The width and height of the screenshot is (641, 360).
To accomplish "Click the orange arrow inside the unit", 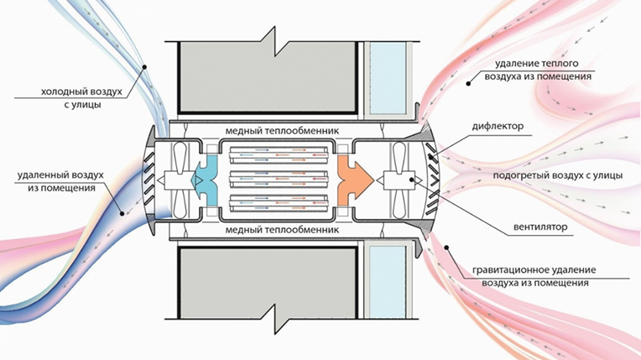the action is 353,180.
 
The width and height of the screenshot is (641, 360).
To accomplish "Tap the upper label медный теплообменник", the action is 282,131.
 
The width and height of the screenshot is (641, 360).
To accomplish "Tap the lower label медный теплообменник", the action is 282,229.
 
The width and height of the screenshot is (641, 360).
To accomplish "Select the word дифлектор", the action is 498,126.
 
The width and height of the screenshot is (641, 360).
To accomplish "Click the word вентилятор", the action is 541,227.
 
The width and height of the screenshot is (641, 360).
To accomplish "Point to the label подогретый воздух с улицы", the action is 558,175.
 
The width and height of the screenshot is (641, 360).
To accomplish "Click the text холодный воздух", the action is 81,91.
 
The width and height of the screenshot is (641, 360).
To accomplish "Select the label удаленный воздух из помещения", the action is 60,181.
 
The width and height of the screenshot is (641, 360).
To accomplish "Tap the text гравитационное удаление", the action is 534,270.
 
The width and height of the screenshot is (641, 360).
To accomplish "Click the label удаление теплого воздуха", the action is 538,70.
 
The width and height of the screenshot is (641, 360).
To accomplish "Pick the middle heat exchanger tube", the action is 279,180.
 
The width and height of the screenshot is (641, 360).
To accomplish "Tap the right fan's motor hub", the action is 399,180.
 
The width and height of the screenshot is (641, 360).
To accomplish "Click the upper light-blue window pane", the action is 388,78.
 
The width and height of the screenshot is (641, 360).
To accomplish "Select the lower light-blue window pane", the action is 388,282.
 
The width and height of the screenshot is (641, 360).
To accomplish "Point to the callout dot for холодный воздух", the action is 144,66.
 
